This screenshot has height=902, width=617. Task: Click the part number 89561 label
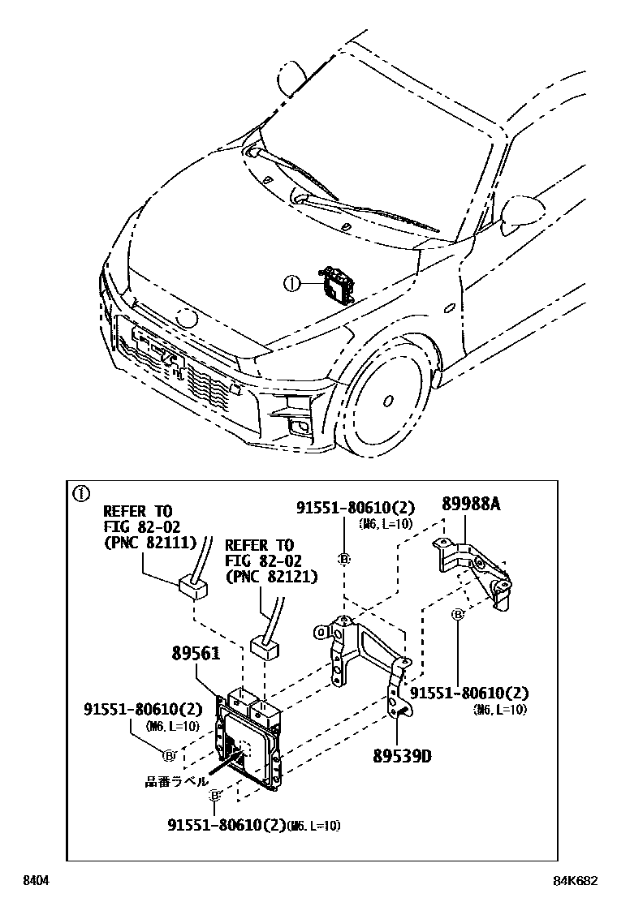coord(196,654)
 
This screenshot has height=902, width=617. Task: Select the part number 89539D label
coord(402,755)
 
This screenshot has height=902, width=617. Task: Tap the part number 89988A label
coord(471,504)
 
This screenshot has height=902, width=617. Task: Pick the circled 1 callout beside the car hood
coord(291,284)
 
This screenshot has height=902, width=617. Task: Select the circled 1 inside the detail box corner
coord(81,492)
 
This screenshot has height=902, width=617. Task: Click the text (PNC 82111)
coord(144,543)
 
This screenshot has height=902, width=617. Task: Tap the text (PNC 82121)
coord(271,577)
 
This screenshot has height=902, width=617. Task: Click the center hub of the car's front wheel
coord(388,400)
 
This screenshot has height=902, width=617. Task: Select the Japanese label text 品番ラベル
coord(170,782)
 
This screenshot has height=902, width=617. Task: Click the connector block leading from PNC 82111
coord(192,585)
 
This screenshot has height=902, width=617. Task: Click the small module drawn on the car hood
coord(339,285)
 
